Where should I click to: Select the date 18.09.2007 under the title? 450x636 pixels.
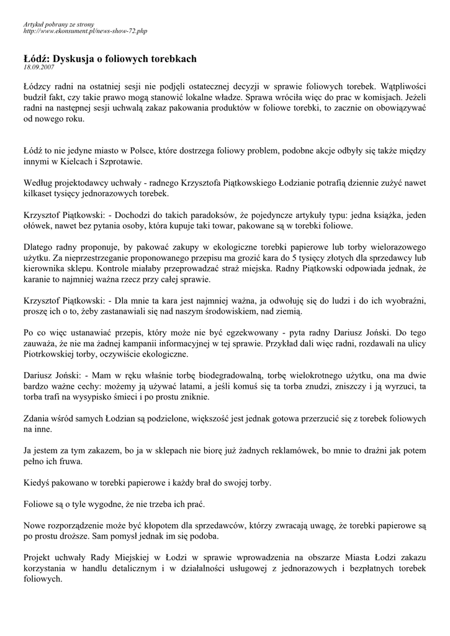[39, 66]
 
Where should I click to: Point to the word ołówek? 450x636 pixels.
[37, 225]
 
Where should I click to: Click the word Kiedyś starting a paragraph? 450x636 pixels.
[37, 482]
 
